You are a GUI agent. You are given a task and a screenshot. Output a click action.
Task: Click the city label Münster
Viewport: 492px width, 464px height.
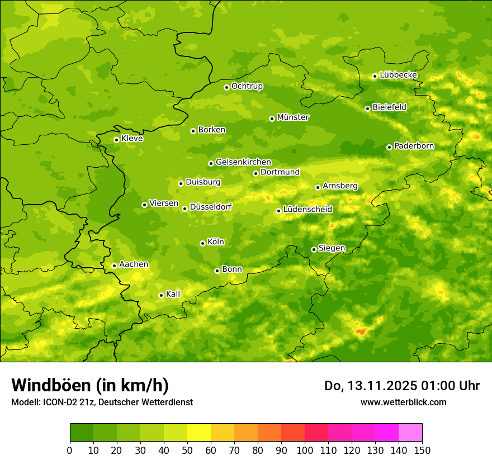point(293,117)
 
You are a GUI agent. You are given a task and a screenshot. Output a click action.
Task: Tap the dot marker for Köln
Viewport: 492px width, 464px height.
point(202,243)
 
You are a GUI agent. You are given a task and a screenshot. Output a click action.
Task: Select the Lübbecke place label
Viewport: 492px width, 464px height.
point(398,75)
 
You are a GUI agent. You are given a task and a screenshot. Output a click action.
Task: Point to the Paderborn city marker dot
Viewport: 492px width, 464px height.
point(389,147)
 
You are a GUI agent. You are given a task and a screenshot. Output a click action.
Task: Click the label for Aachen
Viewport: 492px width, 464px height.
point(134,264)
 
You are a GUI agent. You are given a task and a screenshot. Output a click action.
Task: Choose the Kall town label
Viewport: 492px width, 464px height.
point(173,294)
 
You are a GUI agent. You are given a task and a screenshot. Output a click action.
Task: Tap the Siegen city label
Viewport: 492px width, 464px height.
point(332,248)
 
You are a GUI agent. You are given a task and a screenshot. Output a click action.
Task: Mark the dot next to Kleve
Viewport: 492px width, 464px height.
point(116,140)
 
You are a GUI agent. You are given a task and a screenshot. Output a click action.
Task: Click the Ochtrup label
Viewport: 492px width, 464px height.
point(247,86)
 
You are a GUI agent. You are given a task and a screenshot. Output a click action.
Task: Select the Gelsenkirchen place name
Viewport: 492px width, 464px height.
point(243,162)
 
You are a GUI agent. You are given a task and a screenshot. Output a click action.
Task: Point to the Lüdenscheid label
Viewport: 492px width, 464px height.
point(307,210)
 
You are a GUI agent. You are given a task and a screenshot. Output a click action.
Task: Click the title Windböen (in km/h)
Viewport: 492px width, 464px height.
point(90,385)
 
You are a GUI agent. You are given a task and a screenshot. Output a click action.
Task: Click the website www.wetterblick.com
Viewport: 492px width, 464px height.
point(403,402)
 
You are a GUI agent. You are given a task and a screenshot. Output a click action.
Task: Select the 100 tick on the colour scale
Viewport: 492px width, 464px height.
point(304,450)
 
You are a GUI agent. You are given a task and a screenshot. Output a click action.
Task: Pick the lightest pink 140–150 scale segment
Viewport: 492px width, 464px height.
point(410,433)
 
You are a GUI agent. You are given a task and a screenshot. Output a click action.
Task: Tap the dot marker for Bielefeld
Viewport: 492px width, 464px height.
point(367,108)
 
